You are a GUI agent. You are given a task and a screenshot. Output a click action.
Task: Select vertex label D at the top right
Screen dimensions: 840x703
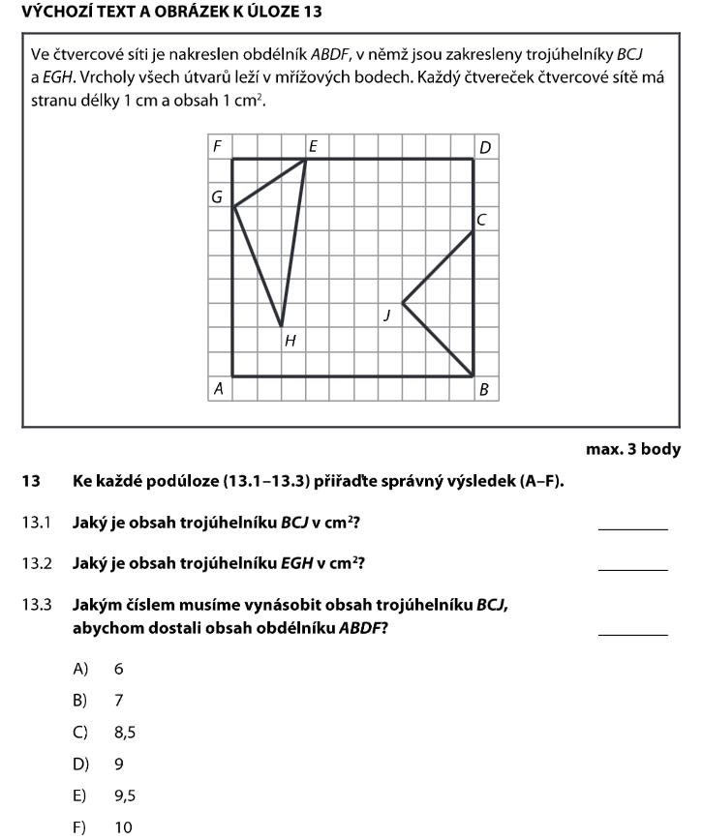click(485, 146)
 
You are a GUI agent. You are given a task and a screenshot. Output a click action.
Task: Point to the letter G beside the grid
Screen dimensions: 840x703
click(218, 196)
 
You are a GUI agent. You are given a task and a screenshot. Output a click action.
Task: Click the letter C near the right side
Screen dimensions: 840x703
click(481, 221)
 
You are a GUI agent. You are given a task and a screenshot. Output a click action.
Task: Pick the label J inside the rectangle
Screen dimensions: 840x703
click(387, 315)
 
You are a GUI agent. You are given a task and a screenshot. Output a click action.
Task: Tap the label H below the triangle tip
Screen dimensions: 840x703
click(289, 340)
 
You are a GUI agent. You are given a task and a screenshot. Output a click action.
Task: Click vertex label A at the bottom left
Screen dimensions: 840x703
click(219, 388)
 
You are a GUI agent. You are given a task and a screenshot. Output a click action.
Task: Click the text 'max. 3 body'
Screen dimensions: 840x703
click(633, 449)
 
